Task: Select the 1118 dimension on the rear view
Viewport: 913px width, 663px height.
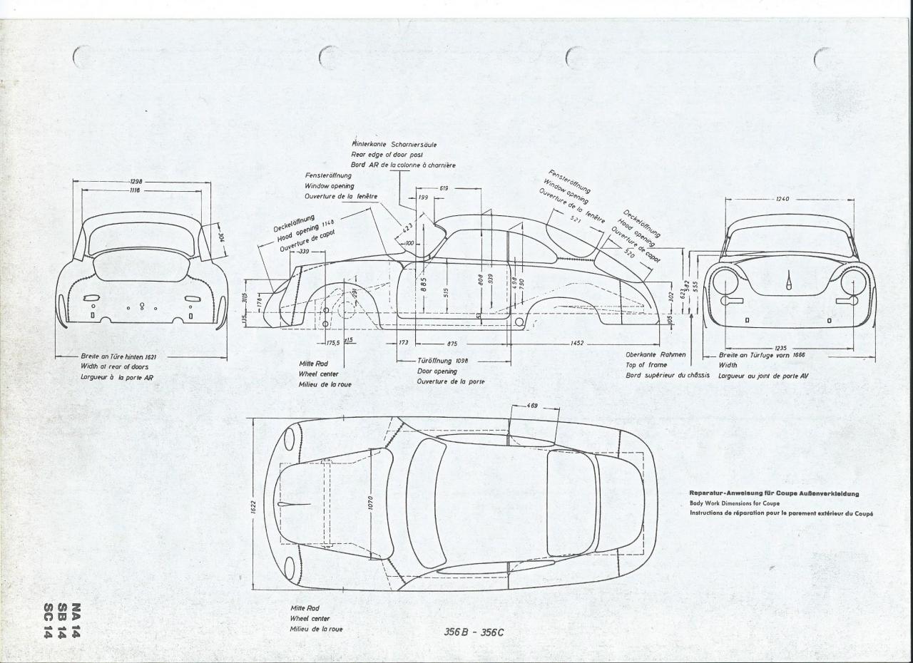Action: tap(135, 190)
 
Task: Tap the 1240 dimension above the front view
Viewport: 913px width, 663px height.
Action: tap(782, 199)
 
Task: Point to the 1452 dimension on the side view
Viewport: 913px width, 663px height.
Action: tap(577, 344)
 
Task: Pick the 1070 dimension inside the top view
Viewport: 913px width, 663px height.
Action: tap(370, 503)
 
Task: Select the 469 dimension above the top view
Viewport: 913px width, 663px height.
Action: tap(533, 406)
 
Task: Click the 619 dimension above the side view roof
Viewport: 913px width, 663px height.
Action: tap(444, 188)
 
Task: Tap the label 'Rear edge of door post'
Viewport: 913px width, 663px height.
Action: tap(387, 154)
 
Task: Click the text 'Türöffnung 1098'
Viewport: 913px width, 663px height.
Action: tap(442, 361)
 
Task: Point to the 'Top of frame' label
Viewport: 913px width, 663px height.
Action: tap(646, 365)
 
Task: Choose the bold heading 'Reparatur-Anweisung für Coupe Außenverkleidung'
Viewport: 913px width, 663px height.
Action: tap(774, 493)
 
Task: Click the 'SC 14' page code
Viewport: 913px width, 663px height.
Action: tap(49, 621)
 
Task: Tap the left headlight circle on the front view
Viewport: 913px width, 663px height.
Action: tap(725, 282)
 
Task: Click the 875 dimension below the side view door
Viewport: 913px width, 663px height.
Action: tap(452, 344)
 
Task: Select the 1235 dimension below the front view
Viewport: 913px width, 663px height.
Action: tap(780, 348)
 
